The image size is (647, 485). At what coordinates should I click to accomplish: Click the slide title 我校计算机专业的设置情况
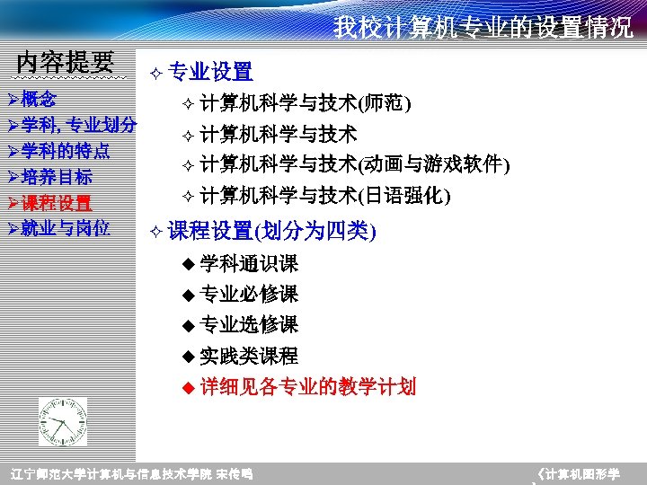tap(483, 27)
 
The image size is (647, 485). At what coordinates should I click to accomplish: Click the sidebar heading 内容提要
tap(66, 62)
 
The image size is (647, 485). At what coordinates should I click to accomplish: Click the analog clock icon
tap(63, 421)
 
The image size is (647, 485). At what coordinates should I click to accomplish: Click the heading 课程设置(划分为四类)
tap(271, 231)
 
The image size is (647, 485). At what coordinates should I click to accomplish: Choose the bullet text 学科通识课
tap(249, 264)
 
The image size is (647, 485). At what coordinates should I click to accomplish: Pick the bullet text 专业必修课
tap(249, 295)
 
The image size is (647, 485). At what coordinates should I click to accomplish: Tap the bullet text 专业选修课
tap(249, 324)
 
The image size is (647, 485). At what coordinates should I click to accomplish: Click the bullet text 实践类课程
tap(249, 356)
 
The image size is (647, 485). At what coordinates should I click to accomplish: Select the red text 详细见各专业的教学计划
tap(308, 387)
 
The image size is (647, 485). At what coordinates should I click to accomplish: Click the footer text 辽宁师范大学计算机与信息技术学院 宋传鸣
tap(130, 474)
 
